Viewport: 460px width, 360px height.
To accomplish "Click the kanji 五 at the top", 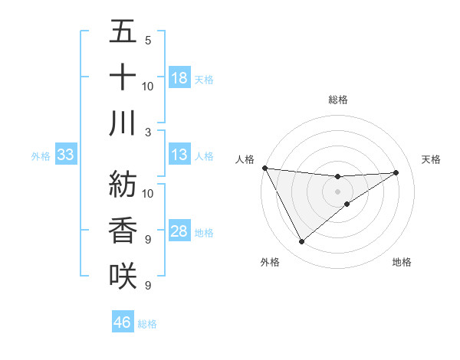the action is [x=123, y=33].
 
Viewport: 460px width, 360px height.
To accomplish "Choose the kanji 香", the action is [x=123, y=230].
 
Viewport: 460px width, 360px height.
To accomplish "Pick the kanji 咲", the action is [x=123, y=275].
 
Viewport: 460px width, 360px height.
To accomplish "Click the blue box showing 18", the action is [x=179, y=78].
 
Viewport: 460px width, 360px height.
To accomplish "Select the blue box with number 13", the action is [x=179, y=155].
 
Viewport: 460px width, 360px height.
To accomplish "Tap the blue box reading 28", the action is [x=179, y=232].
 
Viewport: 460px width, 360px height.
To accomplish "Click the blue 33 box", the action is [x=65, y=155].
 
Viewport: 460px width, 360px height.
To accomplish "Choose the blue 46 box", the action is [x=123, y=322].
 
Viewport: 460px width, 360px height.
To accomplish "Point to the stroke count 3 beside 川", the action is [x=147, y=132].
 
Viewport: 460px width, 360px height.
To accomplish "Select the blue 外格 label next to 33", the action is [x=41, y=156].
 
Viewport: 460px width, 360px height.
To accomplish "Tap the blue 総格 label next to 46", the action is [x=147, y=323].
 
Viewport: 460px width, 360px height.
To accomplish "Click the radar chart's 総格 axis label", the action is [x=337, y=100].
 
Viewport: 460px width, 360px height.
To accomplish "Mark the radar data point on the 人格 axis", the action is [x=264, y=167].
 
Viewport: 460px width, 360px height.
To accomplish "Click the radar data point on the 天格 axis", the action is [x=396, y=172].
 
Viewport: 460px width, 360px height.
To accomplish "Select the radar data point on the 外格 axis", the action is [x=301, y=242].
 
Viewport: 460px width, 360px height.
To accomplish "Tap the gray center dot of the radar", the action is [x=337, y=191].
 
